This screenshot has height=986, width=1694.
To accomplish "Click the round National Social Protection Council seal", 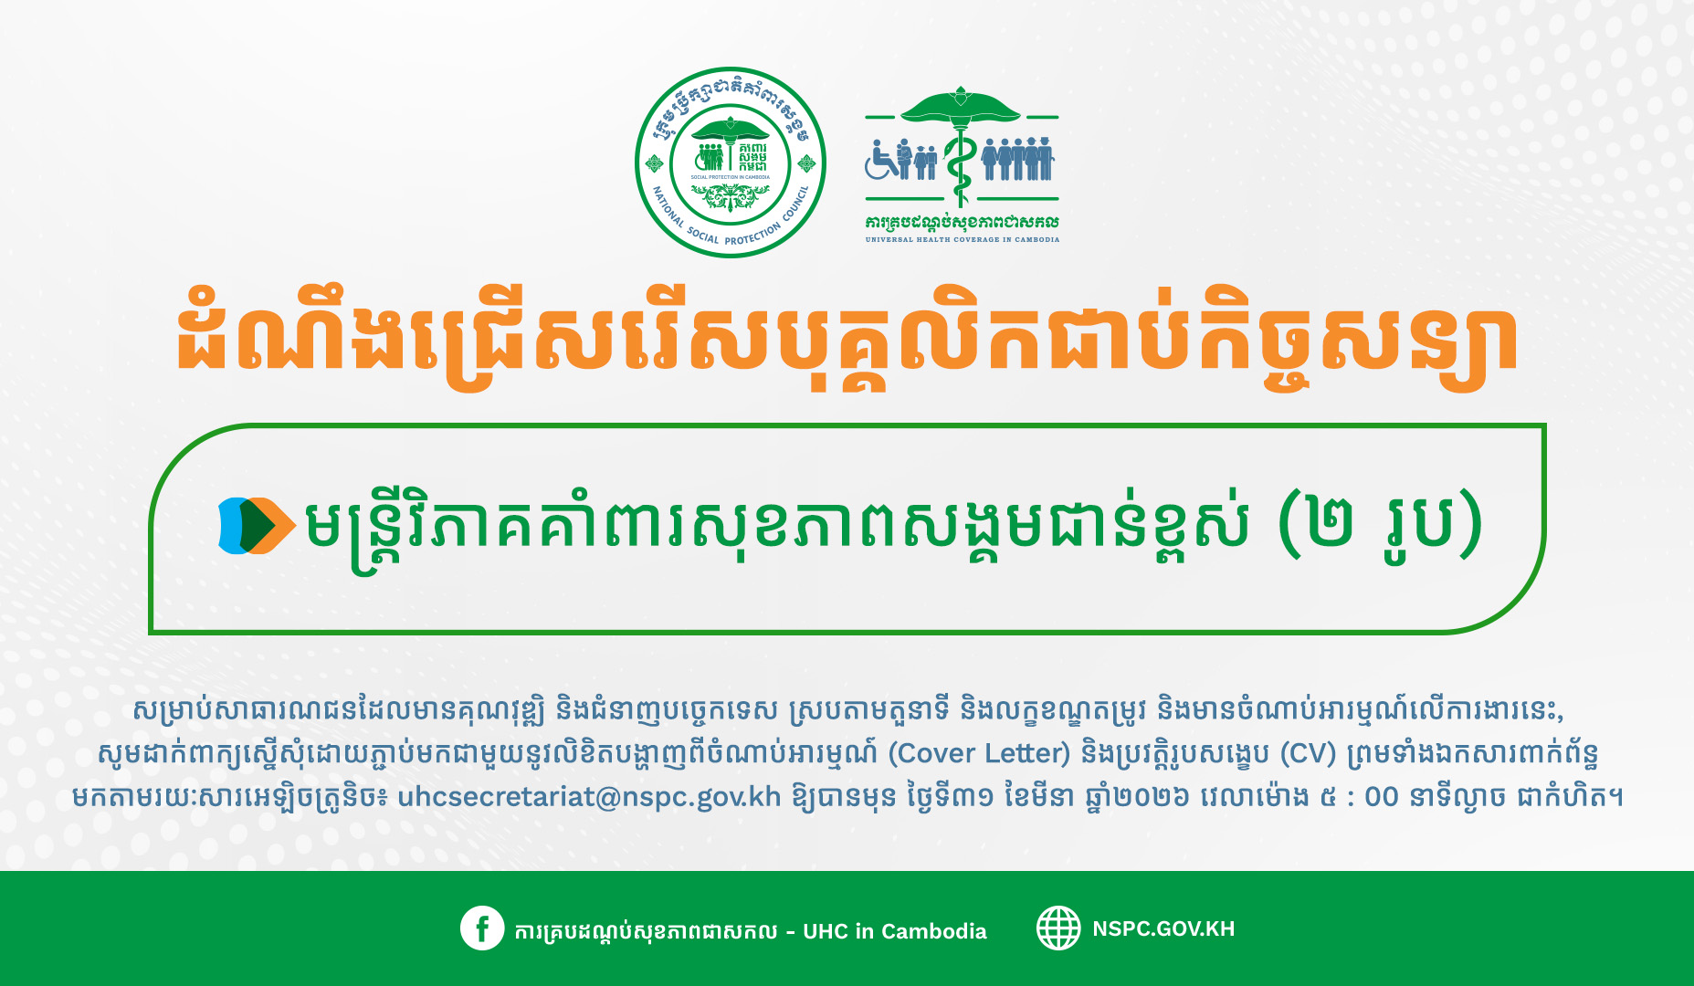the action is click(x=731, y=163).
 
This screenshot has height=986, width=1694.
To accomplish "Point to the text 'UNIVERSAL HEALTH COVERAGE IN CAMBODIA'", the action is click(x=963, y=239).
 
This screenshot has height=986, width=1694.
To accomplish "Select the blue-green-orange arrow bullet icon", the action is click(x=257, y=525).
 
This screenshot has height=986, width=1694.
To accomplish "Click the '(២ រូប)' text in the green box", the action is click(x=1380, y=525).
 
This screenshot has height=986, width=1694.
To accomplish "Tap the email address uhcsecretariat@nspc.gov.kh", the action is click(x=589, y=796).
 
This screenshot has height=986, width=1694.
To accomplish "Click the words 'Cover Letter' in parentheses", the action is click(x=979, y=753).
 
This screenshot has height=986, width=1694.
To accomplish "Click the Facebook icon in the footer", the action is click(x=482, y=928).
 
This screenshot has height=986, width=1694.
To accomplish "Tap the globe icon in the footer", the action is click(x=1058, y=928).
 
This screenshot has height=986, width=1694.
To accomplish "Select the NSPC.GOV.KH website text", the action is click(x=1163, y=928).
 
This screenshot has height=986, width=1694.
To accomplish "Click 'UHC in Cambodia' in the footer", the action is click(x=895, y=931).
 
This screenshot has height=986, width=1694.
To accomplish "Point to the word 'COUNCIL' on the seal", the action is click(x=794, y=205).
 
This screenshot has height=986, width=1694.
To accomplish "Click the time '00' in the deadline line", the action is click(x=1381, y=797).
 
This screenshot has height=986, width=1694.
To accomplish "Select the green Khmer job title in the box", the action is click(x=776, y=527).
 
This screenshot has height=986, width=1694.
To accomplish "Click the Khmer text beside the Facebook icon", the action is click(x=646, y=931).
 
